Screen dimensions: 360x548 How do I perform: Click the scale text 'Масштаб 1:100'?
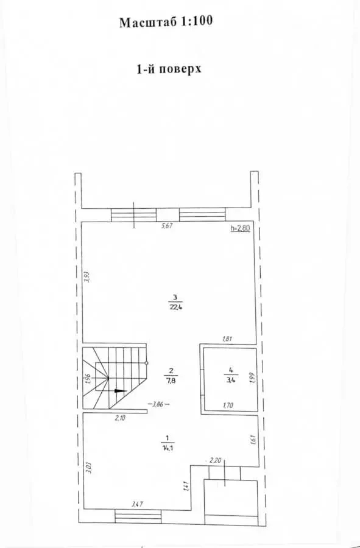(x=166, y=22)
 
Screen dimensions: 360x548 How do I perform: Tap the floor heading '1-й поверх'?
(x=169, y=69)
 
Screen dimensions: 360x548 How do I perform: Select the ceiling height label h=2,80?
(x=241, y=228)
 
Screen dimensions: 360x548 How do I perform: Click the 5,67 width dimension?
(x=167, y=226)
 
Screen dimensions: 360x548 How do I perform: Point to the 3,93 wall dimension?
(x=87, y=277)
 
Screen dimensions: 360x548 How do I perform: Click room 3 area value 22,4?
(x=175, y=307)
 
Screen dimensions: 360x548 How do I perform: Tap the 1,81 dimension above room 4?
(x=227, y=339)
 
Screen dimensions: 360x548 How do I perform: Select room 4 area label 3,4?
(x=231, y=380)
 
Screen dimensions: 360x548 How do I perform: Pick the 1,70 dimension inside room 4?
(x=228, y=406)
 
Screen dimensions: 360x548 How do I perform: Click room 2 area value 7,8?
(x=171, y=381)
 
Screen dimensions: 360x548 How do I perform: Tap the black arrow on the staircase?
(x=120, y=391)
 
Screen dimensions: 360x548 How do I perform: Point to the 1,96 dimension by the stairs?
(x=88, y=379)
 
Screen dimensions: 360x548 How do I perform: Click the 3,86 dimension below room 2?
(x=158, y=405)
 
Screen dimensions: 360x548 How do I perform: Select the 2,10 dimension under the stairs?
(x=120, y=418)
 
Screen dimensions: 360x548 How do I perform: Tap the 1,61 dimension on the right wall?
(x=253, y=439)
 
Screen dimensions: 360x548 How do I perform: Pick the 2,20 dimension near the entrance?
(x=215, y=461)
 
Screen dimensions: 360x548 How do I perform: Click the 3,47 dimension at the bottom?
(x=137, y=504)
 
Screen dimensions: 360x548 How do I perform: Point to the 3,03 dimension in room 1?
(x=88, y=467)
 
